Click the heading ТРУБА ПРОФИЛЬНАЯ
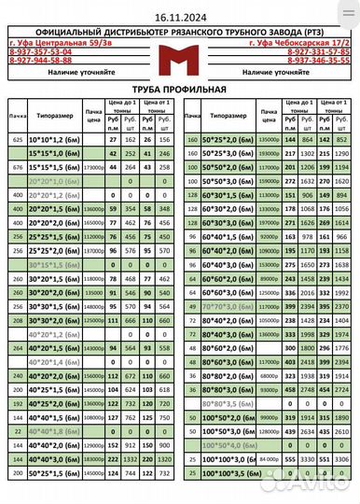pyautogui.click(x=179, y=90)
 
